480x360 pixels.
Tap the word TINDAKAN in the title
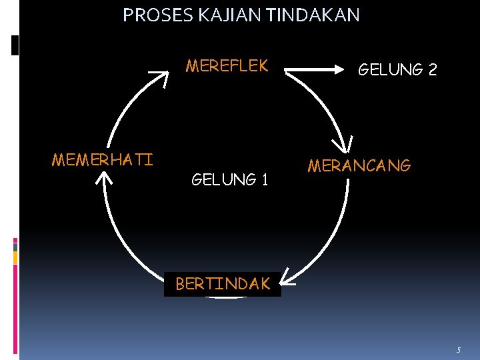[313, 15]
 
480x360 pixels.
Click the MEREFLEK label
[227, 66]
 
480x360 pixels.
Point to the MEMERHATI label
[102, 160]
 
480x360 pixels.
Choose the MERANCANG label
[359, 166]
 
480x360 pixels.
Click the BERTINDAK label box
[223, 284]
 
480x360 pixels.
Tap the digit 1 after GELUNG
[265, 179]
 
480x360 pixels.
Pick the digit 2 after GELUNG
[432, 69]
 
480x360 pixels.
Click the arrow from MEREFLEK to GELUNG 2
[317, 67]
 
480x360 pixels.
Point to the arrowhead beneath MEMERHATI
[105, 177]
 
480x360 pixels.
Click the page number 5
[458, 350]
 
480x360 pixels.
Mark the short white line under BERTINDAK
[226, 298]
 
